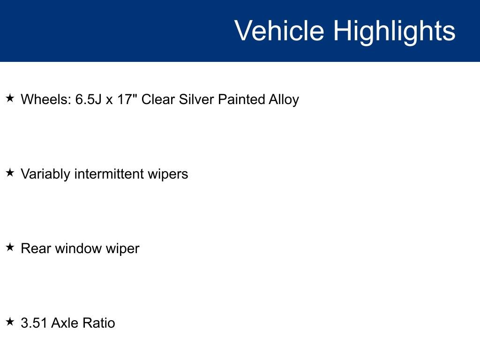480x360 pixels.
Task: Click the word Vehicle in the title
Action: point(279,31)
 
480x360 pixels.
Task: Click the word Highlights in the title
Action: point(394,31)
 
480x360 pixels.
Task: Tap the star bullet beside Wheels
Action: point(10,98)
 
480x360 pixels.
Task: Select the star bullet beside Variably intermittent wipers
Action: point(10,173)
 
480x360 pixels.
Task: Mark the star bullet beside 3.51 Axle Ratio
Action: point(10,322)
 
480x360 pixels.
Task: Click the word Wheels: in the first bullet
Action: point(46,99)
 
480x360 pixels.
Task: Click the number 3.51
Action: point(34,323)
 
